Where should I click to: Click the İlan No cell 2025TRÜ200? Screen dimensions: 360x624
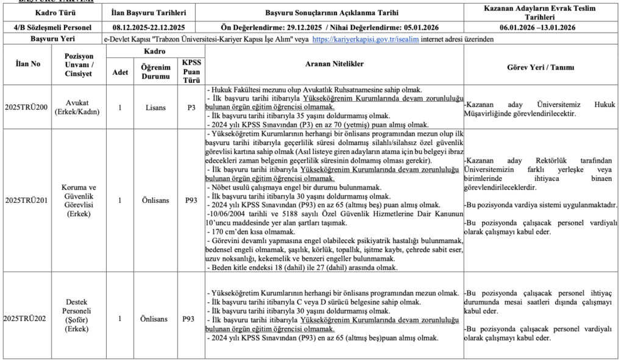26,107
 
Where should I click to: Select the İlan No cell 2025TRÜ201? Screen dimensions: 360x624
26,200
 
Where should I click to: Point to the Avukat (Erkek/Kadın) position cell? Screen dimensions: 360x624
78,107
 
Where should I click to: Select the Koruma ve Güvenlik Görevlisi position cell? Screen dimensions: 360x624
78,200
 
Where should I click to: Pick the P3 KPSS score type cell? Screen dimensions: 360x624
191,107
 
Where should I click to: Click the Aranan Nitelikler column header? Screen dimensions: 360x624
335,64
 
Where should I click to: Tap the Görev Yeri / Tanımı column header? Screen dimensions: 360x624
542,67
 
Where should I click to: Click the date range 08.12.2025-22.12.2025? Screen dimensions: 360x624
149,28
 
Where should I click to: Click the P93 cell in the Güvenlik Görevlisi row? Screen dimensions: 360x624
191,200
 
